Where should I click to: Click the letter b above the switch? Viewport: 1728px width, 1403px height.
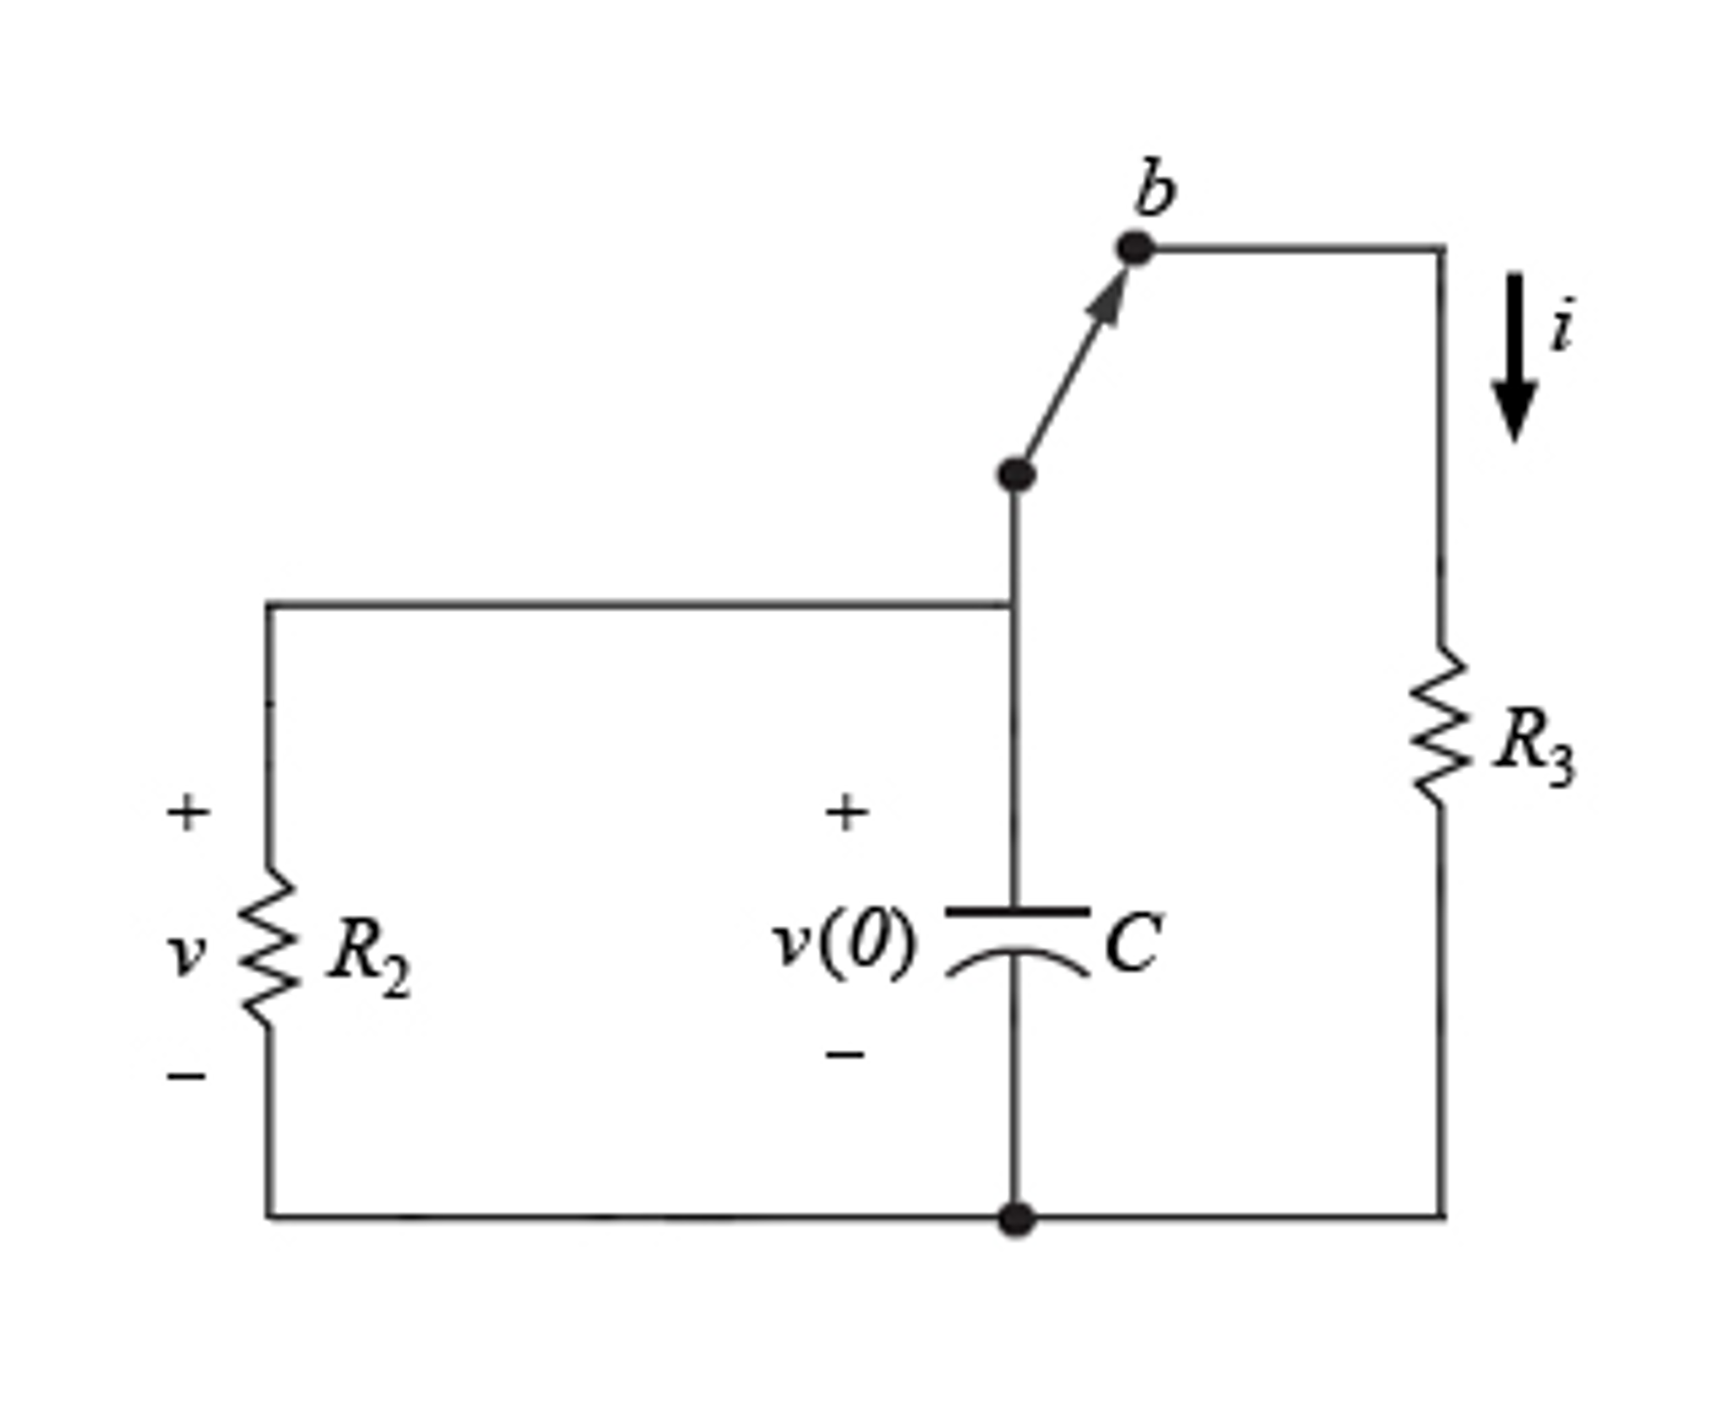point(1154,187)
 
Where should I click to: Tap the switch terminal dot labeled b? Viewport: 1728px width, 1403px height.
point(1134,248)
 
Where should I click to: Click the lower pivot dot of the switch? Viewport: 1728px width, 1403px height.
point(1015,474)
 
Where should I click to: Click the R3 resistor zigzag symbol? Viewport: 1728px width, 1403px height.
point(1439,726)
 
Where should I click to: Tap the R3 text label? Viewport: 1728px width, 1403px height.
point(1533,747)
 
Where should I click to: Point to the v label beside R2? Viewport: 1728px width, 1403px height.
point(186,954)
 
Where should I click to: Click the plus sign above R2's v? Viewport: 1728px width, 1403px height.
point(187,812)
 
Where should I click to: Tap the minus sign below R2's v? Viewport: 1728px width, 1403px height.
point(187,1075)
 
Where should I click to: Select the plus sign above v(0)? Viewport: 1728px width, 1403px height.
point(846,812)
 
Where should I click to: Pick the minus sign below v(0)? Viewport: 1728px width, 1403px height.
point(845,1054)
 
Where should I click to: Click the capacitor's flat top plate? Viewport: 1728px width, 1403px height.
point(1017,911)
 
